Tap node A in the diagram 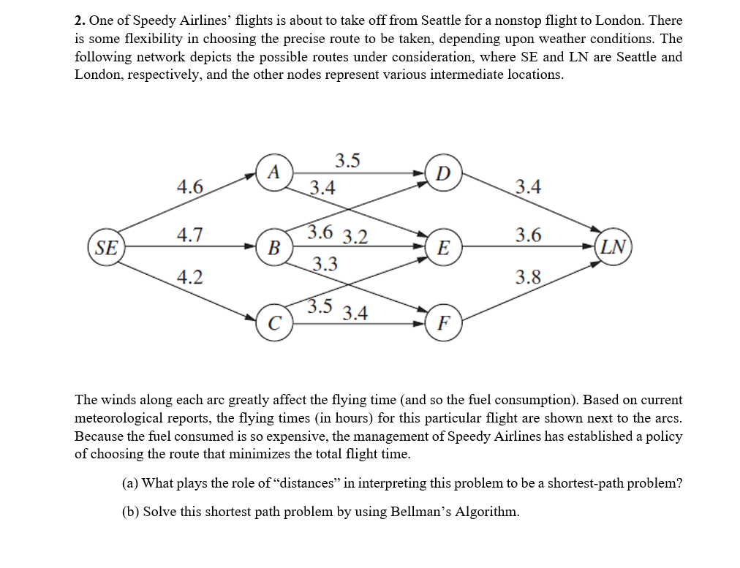[274, 173]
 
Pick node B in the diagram [274, 247]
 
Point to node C [274, 322]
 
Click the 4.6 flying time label [190, 186]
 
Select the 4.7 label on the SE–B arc [190, 235]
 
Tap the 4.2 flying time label [190, 276]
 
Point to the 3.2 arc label [355, 236]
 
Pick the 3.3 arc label [325, 263]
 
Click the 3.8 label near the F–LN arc [528, 276]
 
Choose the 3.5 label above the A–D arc [347, 160]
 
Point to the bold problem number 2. [80, 21]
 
